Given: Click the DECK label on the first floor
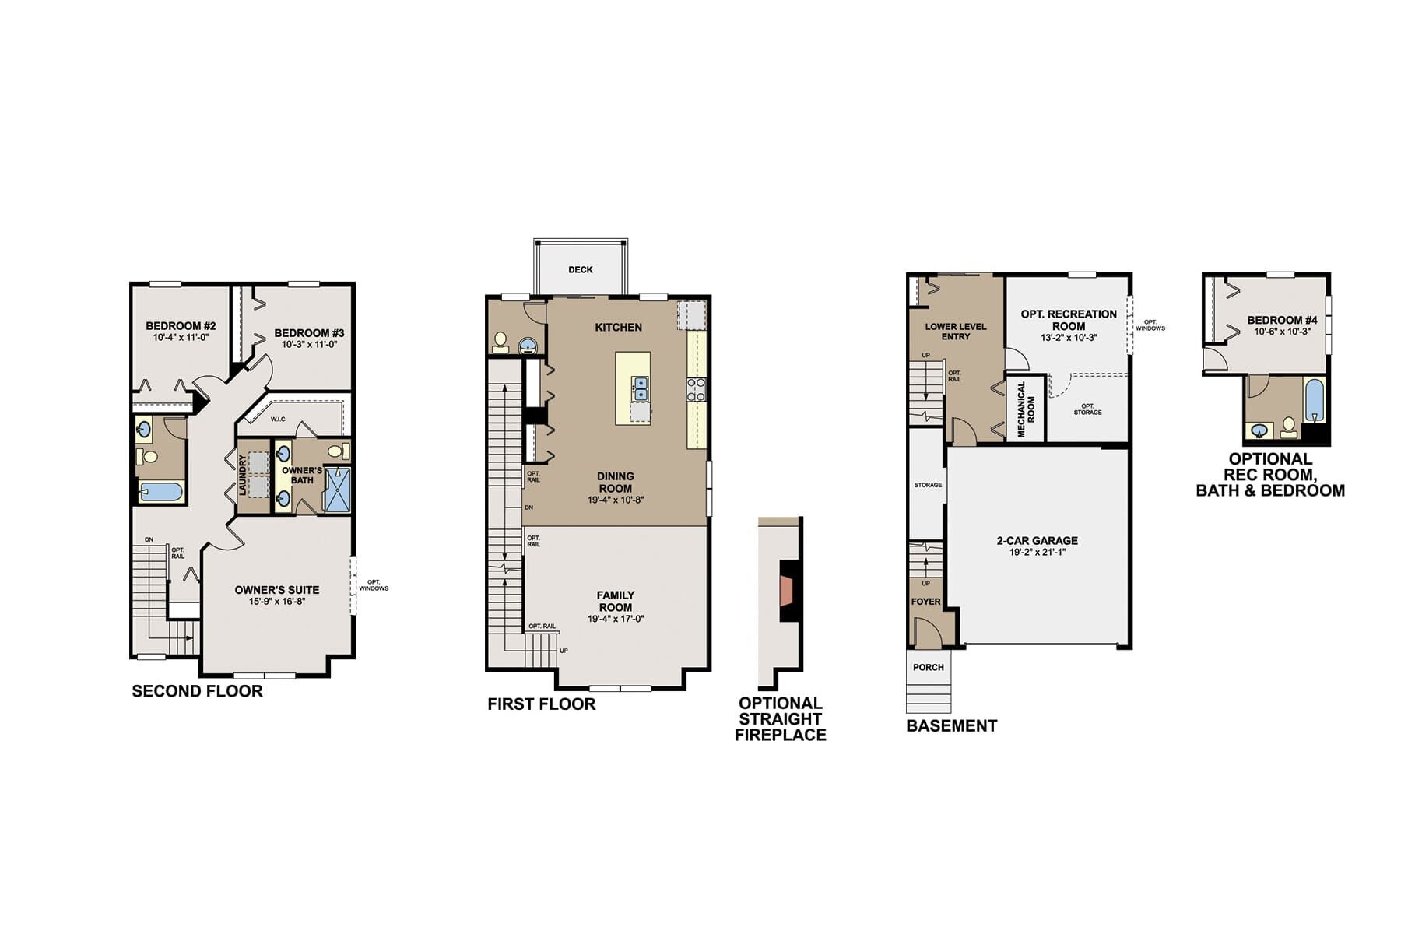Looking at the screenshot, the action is pos(581,270).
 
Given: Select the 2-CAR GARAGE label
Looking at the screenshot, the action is pos(1038,540).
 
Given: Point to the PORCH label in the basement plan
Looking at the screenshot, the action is pos(929,667).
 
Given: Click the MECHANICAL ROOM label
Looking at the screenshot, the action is pos(1026,409).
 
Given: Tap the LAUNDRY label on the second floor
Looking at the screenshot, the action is pos(243,475).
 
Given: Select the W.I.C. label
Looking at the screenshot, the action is pos(279,420).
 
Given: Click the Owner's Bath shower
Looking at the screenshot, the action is pos(337,489).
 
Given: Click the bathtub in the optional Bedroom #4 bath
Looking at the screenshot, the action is pos(1315,400).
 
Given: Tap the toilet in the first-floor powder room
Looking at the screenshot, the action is pos(500,342).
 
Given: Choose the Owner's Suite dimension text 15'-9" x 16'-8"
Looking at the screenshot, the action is pos(277,601).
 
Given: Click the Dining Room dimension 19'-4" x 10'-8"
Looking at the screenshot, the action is pos(616,500).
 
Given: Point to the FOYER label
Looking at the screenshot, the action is pos(925,602).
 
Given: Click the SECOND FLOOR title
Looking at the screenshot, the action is pos(198,691).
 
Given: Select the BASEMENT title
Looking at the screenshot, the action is pos(952,725).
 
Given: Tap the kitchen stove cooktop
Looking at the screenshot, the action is pos(696,389).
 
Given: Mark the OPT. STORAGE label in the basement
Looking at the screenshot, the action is pos(1087,409).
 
